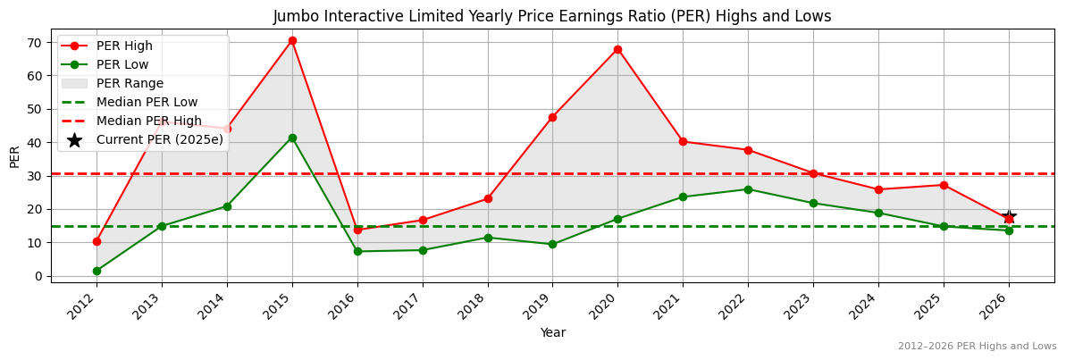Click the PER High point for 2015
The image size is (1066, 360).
pos(292,40)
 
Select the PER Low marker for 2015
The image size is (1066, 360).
pos(292,138)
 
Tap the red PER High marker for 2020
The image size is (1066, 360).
pos(617,49)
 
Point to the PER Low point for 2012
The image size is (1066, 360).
pos(97,271)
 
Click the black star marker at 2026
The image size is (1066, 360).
pos(1009,218)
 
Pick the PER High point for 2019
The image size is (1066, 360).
pos(552,117)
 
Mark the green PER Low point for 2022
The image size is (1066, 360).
pos(748,189)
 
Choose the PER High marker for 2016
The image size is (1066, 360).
pos(357,230)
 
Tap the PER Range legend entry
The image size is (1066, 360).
pos(130,83)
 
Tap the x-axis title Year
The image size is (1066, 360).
pos(552,332)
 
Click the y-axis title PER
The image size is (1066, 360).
pos(14,156)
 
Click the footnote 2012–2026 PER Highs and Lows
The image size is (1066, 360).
pos(977,346)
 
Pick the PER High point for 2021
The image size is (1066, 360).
pos(683,141)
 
